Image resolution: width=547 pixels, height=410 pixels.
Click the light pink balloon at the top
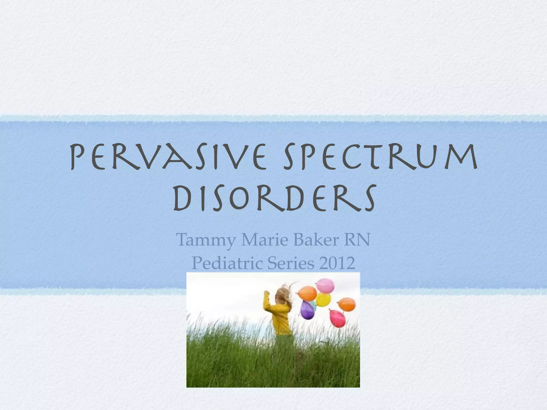click(x=325, y=286)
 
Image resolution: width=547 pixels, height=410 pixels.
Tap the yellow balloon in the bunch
click(x=323, y=299)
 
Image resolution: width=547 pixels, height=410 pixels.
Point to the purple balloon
click(x=307, y=311)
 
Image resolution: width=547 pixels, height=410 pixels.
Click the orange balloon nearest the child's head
click(x=307, y=293)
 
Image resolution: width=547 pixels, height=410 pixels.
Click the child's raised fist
click(x=266, y=293)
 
